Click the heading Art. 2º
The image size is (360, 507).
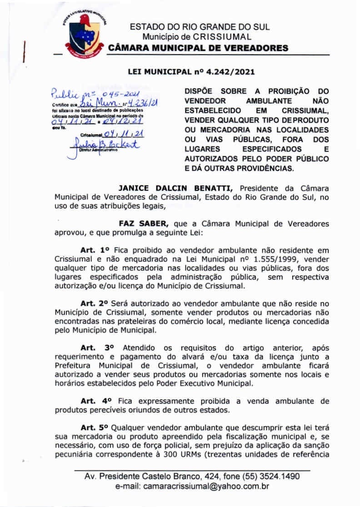[x=95, y=303]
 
